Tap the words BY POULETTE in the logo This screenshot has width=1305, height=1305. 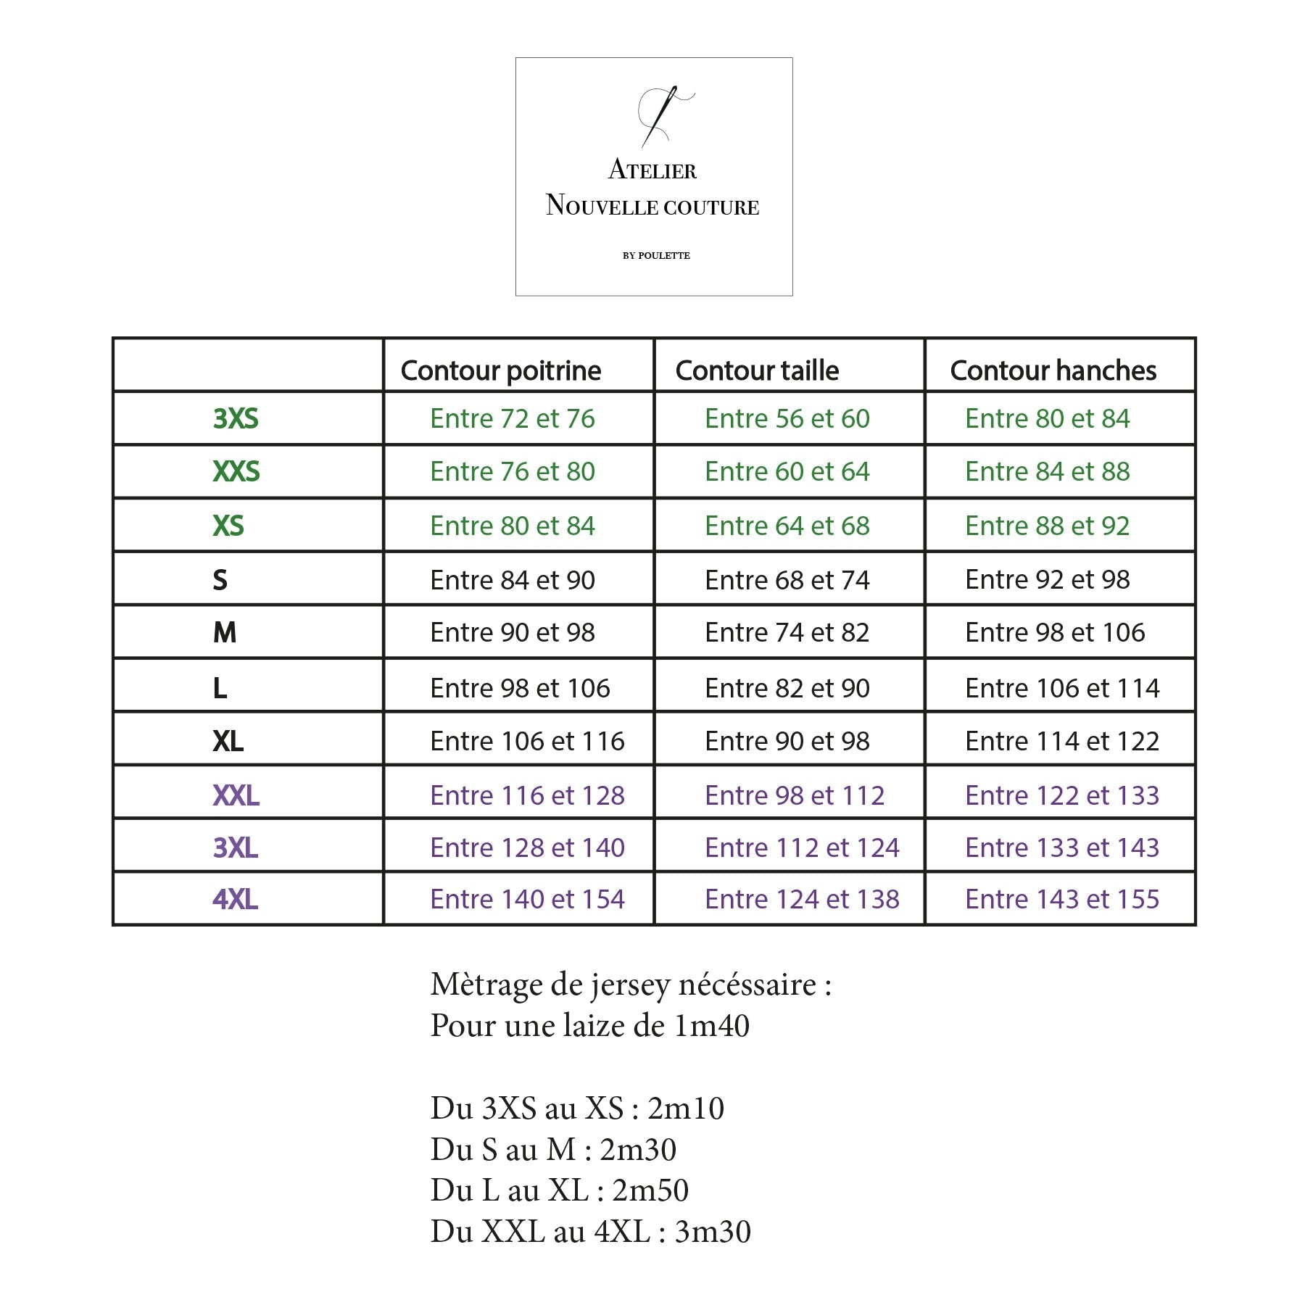coord(656,255)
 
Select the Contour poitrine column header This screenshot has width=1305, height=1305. coord(501,370)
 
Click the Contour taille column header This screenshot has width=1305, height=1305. coord(757,370)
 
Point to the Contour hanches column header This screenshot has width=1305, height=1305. coord(1053,370)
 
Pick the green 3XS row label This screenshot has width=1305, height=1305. coord(236,419)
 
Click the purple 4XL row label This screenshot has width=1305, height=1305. coord(236,900)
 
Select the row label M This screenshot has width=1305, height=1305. coord(225,633)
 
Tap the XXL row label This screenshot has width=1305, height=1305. coord(236,796)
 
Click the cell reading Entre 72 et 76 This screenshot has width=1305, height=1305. coord(512,419)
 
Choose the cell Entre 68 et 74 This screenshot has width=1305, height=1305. coord(787,580)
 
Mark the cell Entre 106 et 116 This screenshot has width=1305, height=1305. coord(527,742)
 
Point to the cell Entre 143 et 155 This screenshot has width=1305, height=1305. coord(1062,900)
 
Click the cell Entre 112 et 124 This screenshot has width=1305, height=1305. coord(802,848)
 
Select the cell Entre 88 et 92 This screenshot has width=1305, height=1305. coord(1047,526)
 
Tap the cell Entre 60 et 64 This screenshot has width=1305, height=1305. coord(787,472)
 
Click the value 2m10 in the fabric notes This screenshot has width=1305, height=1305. coord(686,1109)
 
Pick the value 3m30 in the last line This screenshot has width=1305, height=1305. coord(713,1232)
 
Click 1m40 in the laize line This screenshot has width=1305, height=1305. coord(711,1026)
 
